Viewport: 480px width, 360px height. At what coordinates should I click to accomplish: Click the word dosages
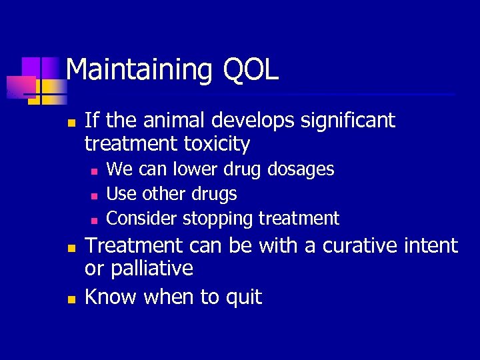[x=301, y=169]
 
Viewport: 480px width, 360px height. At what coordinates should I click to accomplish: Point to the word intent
[x=431, y=246]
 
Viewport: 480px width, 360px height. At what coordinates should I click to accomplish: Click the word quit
[x=243, y=297]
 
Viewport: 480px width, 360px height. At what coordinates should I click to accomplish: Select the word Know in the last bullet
[x=109, y=297]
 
